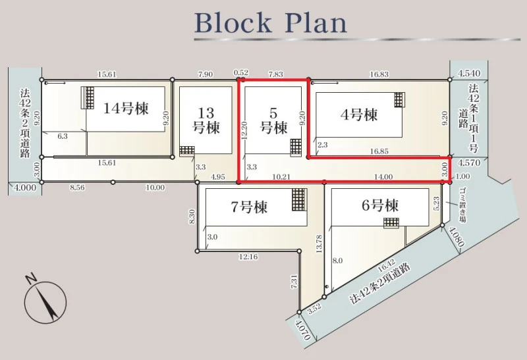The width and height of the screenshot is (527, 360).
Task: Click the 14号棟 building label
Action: tap(125, 109)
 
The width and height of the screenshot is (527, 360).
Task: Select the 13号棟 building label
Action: tap(206, 120)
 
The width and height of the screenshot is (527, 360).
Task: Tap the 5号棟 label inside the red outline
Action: tap(274, 121)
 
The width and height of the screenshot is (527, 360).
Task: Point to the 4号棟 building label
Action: tap(359, 115)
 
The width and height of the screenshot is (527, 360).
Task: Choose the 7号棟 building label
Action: tap(249, 207)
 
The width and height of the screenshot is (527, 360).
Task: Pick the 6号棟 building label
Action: tap(380, 205)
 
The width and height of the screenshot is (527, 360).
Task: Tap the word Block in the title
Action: tap(233, 23)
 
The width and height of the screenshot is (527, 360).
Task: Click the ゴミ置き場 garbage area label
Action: tap(463, 205)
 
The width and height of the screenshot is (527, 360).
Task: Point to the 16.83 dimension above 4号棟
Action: tap(379, 74)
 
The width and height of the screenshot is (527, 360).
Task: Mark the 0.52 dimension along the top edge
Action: tap(241, 72)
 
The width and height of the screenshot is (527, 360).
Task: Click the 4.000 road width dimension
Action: tap(25, 188)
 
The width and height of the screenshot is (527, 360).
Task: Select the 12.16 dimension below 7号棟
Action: tap(248, 257)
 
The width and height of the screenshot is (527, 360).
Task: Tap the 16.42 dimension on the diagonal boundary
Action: tap(386, 266)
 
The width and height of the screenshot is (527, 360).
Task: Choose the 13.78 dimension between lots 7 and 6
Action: tap(319, 244)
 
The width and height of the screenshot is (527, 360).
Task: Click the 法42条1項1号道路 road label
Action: tap(469, 118)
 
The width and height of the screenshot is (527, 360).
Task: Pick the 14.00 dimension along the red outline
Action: tap(383, 176)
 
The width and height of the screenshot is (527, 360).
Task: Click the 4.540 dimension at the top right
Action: tap(469, 73)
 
